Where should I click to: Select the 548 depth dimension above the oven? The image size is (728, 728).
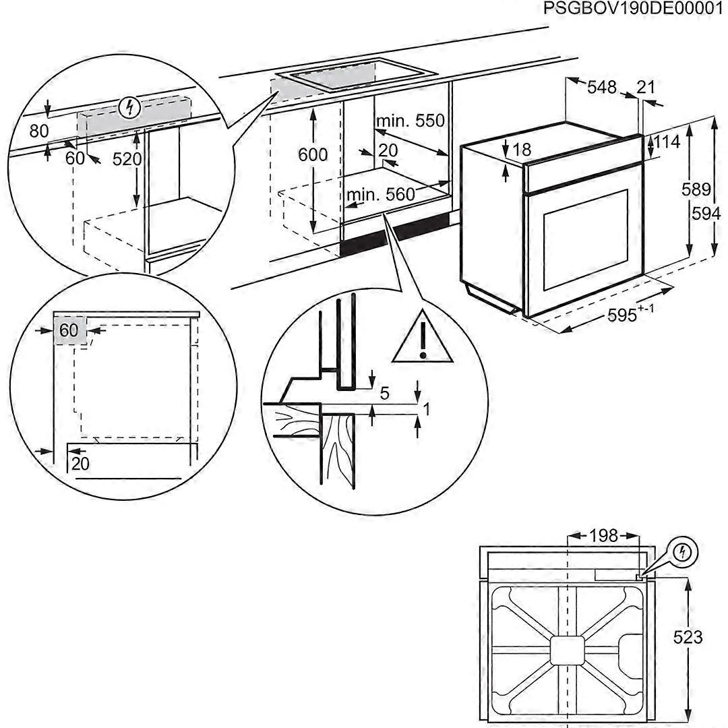pyautogui.click(x=602, y=87)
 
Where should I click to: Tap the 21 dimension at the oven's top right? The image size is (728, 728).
pyautogui.click(x=646, y=87)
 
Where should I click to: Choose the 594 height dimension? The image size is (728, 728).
pyautogui.click(x=706, y=214)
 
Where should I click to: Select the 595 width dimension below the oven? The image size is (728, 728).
pyautogui.click(x=628, y=315)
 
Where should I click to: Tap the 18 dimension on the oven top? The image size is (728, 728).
pyautogui.click(x=522, y=150)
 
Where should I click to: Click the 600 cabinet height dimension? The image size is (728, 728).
pyautogui.click(x=313, y=154)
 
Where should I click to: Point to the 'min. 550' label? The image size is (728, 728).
pyautogui.click(x=411, y=121)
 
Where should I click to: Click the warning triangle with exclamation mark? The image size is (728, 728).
pyautogui.click(x=422, y=338)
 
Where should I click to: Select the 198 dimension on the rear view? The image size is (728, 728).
pyautogui.click(x=603, y=536)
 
